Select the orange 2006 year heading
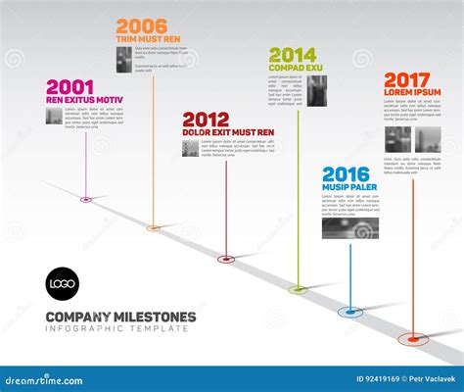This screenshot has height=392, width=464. tap(140, 26)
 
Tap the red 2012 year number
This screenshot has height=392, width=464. tap(206, 120)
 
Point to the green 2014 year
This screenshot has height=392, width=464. tap(293, 55)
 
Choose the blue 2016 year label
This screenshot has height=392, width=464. tap(346, 173)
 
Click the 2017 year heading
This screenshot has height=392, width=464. tap(407, 78)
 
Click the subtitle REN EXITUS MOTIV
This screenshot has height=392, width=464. tap(84, 101)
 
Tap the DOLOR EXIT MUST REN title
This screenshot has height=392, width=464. tap(228, 132)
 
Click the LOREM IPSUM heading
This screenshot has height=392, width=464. tap(412, 92)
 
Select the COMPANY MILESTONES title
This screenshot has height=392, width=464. tap(120, 317)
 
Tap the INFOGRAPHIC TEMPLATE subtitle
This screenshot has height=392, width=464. tap(116, 329)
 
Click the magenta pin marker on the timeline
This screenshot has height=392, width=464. tap(86, 200)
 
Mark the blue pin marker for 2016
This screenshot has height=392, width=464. tap(350, 312)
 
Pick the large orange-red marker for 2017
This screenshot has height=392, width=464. tap(414, 339)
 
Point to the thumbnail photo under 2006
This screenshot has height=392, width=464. tap(124, 55)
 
